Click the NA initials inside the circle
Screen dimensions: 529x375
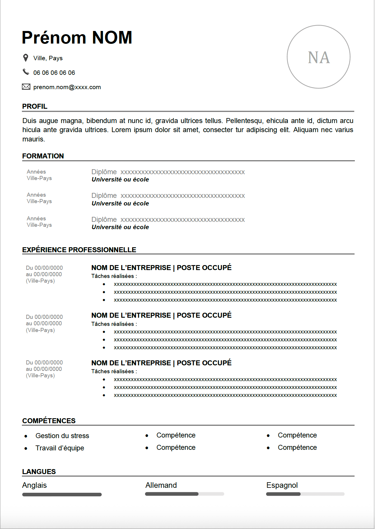point(319,57)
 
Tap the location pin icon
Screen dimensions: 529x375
point(26,58)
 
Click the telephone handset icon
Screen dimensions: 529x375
point(26,72)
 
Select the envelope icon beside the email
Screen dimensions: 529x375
point(26,87)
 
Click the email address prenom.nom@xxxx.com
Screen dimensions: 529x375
point(67,87)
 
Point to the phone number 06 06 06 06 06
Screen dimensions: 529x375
point(54,73)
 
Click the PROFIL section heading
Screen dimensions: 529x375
point(35,106)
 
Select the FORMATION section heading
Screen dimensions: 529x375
point(43,156)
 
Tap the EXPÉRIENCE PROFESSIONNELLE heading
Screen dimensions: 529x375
point(79,250)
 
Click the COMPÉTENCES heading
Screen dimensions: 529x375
point(49,421)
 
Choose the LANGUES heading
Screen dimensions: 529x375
point(39,472)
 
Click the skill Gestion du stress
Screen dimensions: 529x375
point(62,436)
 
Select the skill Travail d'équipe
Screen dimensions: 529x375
point(60,448)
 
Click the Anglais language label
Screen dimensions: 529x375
point(34,485)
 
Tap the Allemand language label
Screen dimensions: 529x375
point(161,485)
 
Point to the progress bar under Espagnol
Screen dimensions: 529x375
point(305,494)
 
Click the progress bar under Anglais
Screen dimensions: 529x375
point(62,495)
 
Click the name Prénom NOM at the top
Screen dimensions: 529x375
point(77,38)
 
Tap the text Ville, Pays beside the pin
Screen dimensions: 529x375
point(48,58)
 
